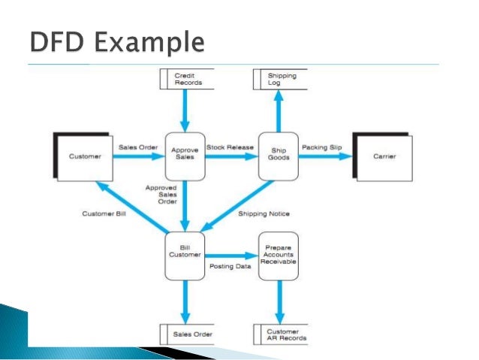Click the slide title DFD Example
pyautogui.click(x=116, y=42)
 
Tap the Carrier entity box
pyautogui.click(x=384, y=157)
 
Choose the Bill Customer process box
pyautogui.click(x=184, y=254)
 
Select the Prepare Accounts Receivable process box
pyautogui.click(x=279, y=256)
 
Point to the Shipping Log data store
pyautogui.click(x=282, y=79)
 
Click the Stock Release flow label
pyautogui.click(x=230, y=148)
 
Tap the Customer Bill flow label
pyautogui.click(x=104, y=213)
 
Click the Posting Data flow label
pyautogui.click(x=230, y=266)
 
